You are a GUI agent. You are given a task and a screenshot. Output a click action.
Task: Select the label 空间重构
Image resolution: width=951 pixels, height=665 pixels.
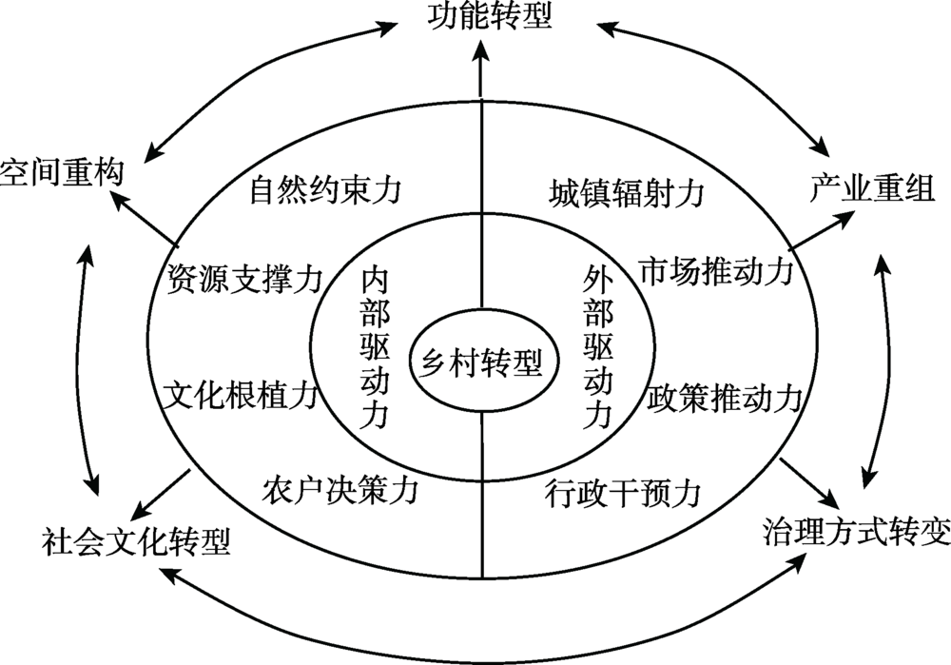(61, 174)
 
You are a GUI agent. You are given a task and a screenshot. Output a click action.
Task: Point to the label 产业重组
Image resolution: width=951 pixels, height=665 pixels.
(872, 188)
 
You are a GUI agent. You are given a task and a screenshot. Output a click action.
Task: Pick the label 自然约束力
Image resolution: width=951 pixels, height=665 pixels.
(325, 191)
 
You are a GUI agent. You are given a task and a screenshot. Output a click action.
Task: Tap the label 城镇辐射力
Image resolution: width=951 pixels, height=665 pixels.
(627, 193)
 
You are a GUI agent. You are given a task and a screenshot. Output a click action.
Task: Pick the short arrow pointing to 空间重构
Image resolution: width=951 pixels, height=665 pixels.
(143, 215)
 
